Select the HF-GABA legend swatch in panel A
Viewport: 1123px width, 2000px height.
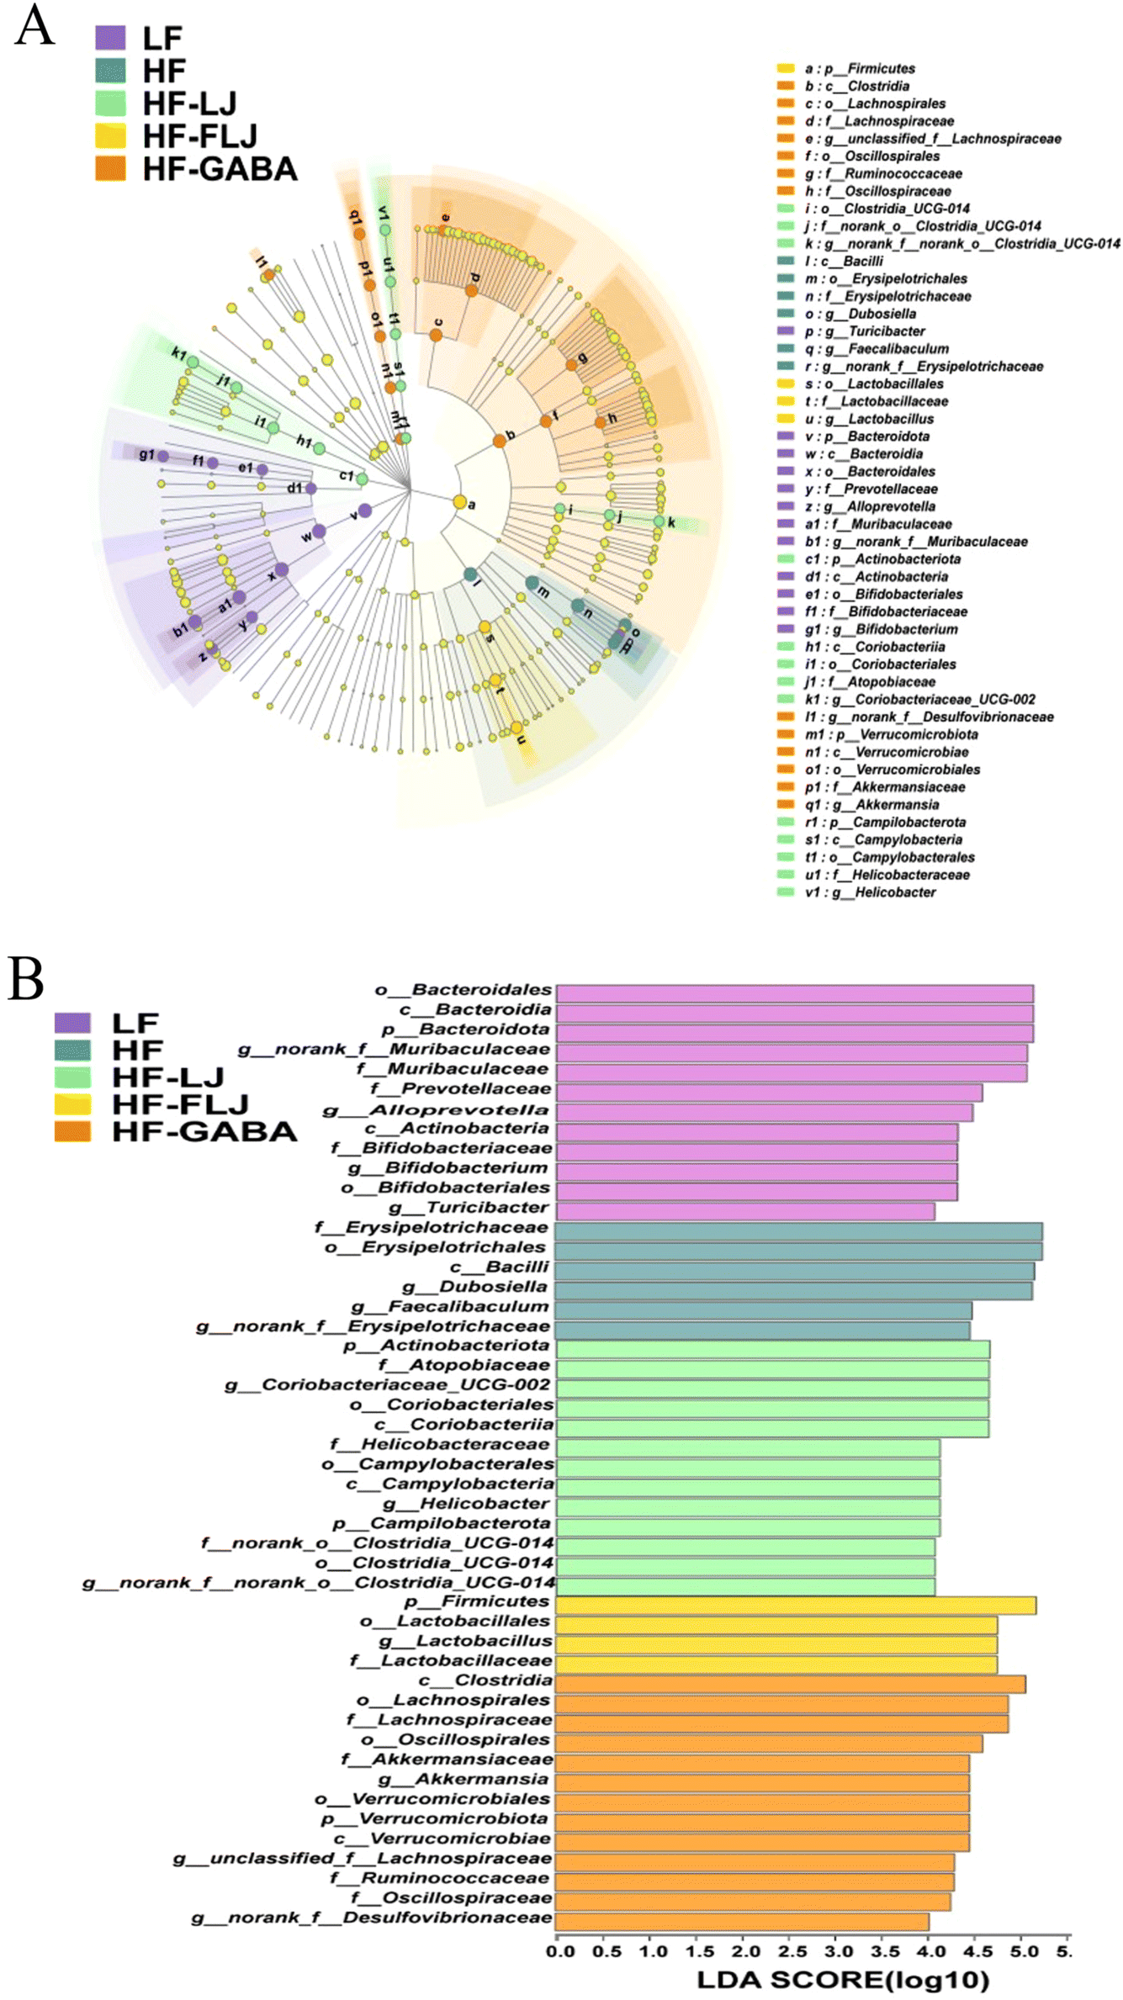110,169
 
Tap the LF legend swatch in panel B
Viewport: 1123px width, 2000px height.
72,1023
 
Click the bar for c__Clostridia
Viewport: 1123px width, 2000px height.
790,1684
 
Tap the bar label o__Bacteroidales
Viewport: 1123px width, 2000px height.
464,990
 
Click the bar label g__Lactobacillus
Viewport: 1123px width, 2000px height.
466,1641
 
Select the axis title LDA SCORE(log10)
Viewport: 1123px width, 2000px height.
843,1981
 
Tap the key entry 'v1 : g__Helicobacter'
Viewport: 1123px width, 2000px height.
870,892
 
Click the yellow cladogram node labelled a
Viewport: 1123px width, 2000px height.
459,502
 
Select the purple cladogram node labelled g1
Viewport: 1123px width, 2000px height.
163,456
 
